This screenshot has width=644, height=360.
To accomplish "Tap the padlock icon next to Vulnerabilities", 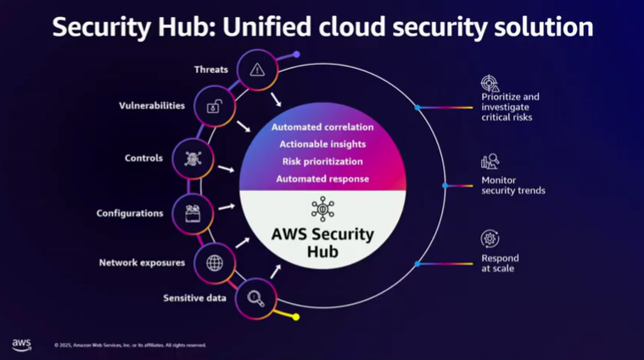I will [215, 107].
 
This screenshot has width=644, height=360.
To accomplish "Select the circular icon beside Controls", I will [193, 158].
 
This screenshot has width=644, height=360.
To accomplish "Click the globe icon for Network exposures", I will [215, 262].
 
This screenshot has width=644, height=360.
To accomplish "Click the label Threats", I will [211, 70].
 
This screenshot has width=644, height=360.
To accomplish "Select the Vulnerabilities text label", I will [152, 106].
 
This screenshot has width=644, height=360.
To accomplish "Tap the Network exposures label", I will [142, 262].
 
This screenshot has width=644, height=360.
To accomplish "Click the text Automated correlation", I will [322, 127].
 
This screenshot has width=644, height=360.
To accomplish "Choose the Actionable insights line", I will [322, 144].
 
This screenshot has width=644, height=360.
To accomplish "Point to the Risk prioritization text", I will [322, 161].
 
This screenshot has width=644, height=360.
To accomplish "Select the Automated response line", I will [322, 178].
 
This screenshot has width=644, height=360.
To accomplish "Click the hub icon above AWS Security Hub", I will [322, 209].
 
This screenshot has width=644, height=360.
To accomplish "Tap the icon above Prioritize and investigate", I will [490, 83].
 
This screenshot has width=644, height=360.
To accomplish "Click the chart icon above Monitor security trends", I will [490, 161].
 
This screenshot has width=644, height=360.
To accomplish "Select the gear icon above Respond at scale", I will [490, 239].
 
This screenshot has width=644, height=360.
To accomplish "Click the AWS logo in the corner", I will [21, 344].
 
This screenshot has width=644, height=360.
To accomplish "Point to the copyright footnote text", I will [130, 345].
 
